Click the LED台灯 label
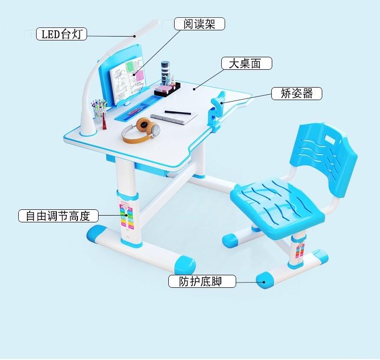[62, 34]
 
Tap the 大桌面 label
[247, 64]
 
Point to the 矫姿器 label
[296, 93]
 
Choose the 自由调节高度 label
[58, 216]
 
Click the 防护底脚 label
[202, 282]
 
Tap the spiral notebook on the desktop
[174, 117]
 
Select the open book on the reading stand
[127, 77]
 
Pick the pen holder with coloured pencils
[100, 114]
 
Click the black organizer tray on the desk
[167, 89]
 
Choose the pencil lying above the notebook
[177, 112]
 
